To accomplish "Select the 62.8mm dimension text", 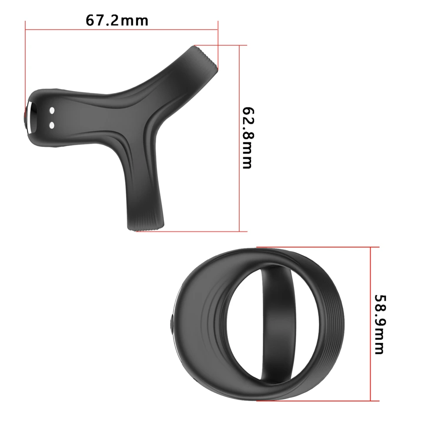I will click(247, 137).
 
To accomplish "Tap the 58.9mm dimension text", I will click(379, 325).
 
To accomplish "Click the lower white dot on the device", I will click(52, 126).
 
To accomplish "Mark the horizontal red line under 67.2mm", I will click(122, 30).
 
